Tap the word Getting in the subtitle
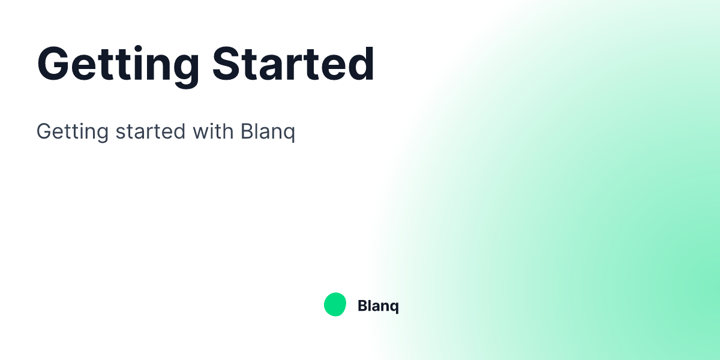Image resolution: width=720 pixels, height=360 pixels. [x=71, y=131]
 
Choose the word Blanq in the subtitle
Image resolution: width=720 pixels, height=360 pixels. [x=268, y=131]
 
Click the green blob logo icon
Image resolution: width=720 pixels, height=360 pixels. [x=335, y=305]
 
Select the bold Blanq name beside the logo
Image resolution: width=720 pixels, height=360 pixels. [x=378, y=306]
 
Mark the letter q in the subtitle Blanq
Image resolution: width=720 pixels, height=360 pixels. [x=289, y=133]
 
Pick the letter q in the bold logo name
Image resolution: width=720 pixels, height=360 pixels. [x=394, y=308]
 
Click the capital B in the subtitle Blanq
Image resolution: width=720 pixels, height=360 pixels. [x=247, y=131]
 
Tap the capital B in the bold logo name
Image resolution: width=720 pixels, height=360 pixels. [x=362, y=306]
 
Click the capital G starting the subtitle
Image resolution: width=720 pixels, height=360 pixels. [x=44, y=131]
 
